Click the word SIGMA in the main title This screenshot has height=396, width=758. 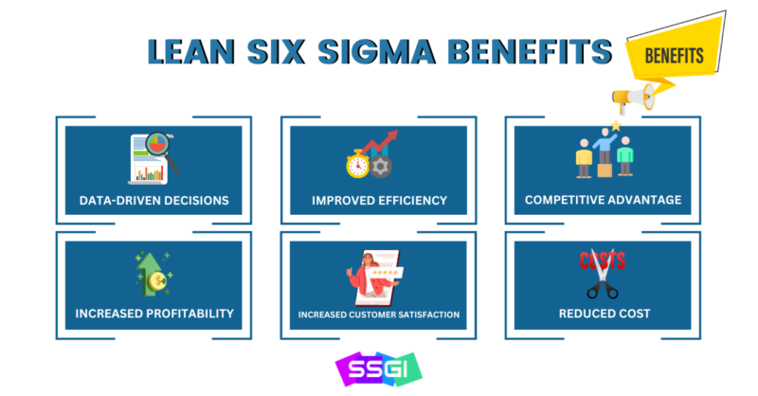pyautogui.click(x=377, y=51)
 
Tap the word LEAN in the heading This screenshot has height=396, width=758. pyautogui.click(x=191, y=51)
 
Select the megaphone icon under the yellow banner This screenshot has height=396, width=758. pyautogui.click(x=633, y=99)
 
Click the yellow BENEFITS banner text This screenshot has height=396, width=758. pyautogui.click(x=674, y=56)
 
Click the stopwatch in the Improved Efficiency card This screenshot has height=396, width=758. pyautogui.click(x=358, y=164)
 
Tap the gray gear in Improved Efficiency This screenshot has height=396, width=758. pyautogui.click(x=381, y=167)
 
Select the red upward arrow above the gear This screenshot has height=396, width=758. pyautogui.click(x=381, y=142)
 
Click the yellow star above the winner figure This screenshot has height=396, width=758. pyautogui.click(x=615, y=126)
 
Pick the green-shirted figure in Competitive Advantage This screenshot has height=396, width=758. pyautogui.click(x=625, y=155)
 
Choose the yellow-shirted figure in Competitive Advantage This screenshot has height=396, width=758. pyautogui.click(x=584, y=158)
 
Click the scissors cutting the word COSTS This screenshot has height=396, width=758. pyautogui.click(x=602, y=274)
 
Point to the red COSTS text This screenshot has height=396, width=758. pyautogui.click(x=603, y=261)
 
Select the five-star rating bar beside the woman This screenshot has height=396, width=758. pyautogui.click(x=386, y=273)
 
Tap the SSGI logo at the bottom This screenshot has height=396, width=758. pyautogui.click(x=378, y=369)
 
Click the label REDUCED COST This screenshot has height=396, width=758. pyautogui.click(x=605, y=314)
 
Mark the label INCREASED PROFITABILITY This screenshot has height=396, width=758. pyautogui.click(x=154, y=314)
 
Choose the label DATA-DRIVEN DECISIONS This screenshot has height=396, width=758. pyautogui.click(x=153, y=201)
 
